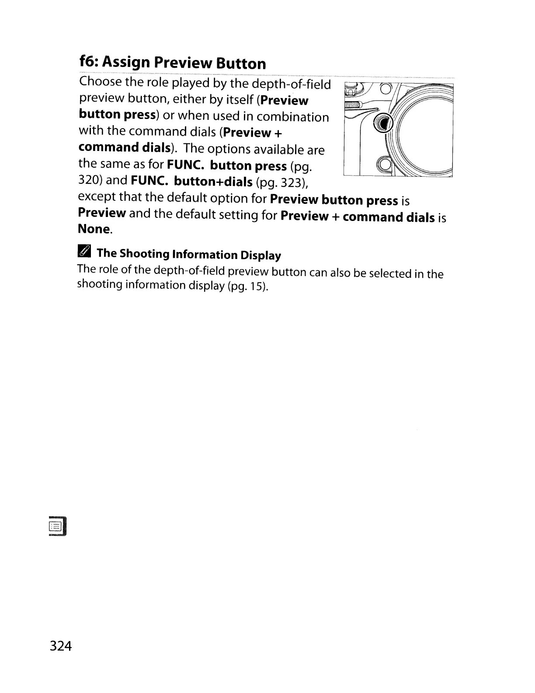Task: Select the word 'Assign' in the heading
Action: (127, 63)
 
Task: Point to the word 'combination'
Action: (292, 117)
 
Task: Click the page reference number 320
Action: (90, 180)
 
